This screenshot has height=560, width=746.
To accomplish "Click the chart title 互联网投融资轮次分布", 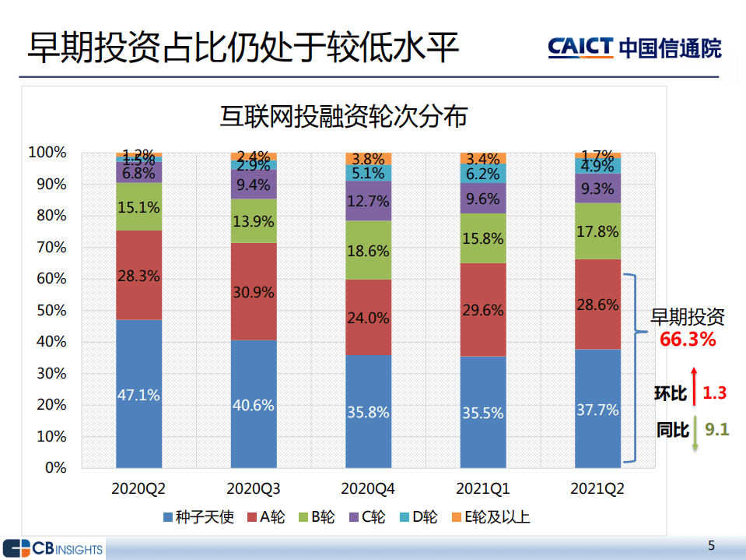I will [x=344, y=117].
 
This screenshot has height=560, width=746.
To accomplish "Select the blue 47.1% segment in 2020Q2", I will [x=138, y=394].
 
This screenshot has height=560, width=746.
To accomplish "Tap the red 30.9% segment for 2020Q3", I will [x=254, y=292].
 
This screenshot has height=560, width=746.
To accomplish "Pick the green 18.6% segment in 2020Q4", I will [x=369, y=250].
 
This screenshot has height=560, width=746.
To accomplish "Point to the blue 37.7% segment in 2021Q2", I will [x=597, y=408].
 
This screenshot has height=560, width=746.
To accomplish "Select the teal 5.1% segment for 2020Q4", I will [x=369, y=173].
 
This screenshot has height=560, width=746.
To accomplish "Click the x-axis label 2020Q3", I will [x=254, y=489].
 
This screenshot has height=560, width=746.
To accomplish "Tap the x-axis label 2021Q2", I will [x=597, y=489].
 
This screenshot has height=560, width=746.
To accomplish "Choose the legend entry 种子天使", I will [x=198, y=517].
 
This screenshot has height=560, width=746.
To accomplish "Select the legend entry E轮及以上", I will [x=489, y=517].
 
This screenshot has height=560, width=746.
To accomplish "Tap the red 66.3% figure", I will [x=688, y=340].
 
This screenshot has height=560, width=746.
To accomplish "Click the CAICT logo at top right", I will [x=634, y=48].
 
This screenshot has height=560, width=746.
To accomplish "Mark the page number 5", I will [x=711, y=544].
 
